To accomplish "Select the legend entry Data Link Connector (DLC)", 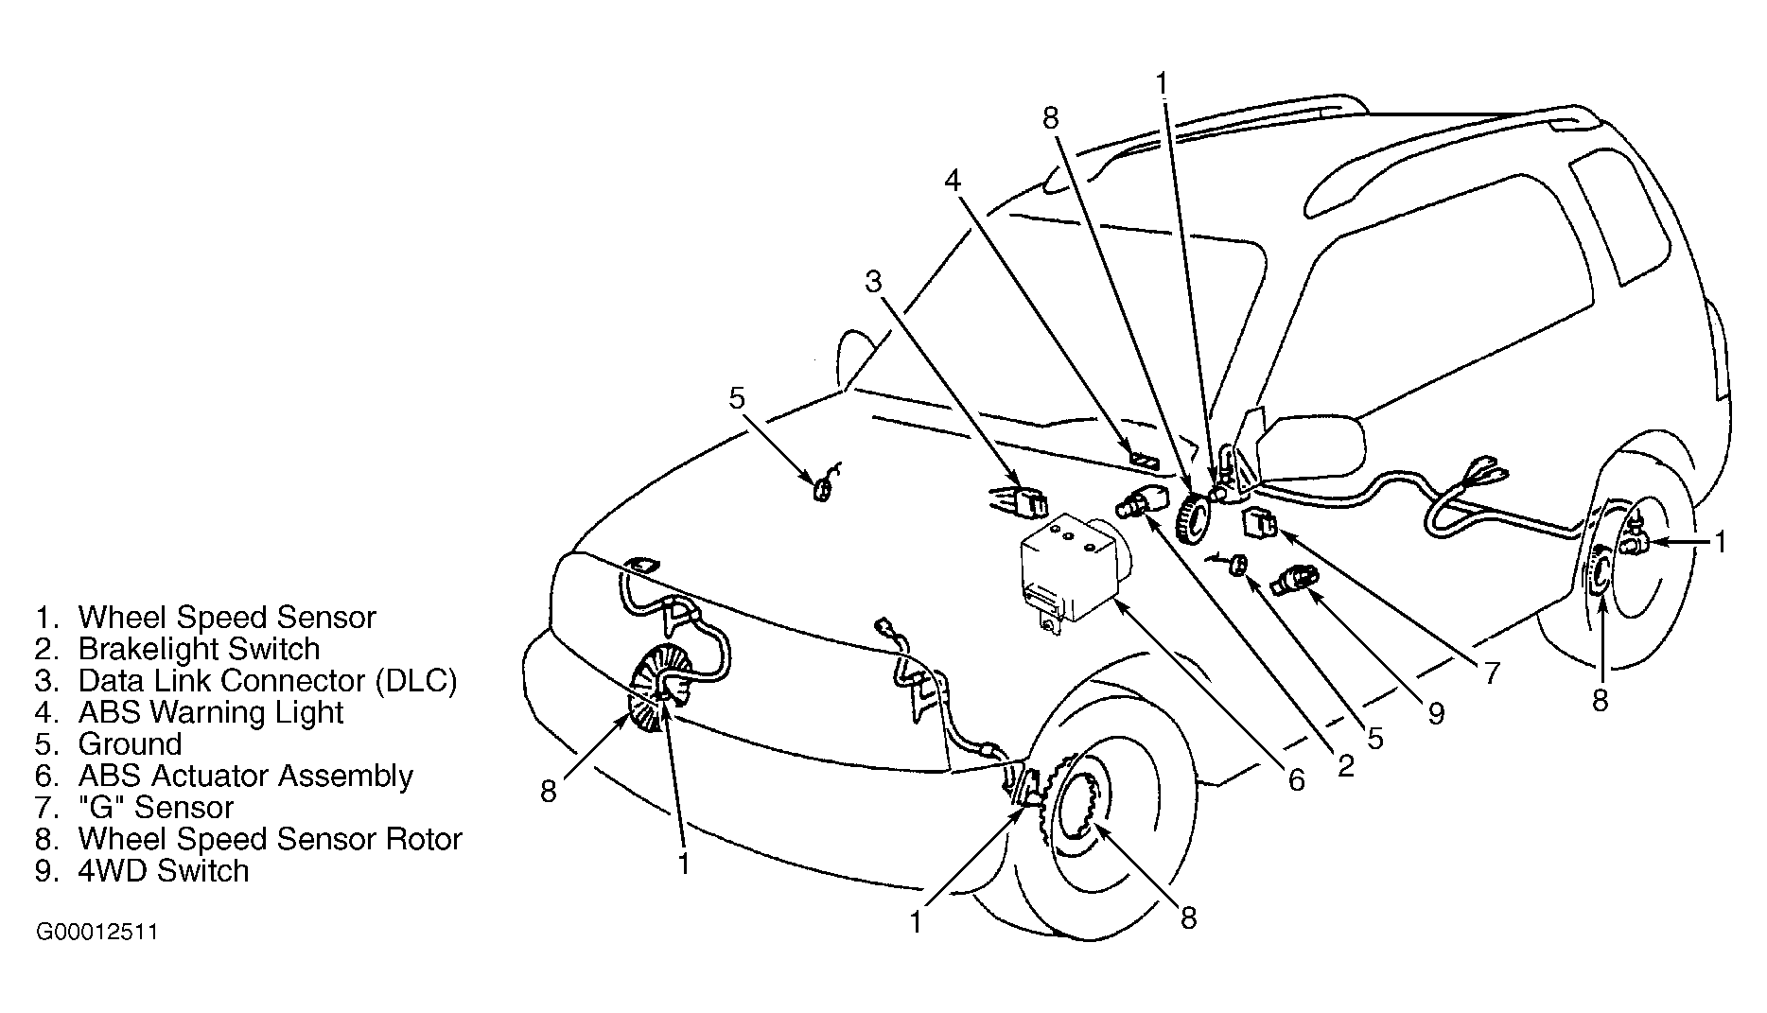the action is point(246,681).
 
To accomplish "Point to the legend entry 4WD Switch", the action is point(142,870).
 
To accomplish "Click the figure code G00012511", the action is point(96,933).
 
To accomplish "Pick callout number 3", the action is point(873,281).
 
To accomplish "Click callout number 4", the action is point(953,180).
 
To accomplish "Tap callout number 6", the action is point(1296,780).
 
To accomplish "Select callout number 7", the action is point(1491,672).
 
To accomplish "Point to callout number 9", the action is point(1436,713).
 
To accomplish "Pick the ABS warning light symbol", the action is point(1144,462).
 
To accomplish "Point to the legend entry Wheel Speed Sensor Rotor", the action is point(249,839).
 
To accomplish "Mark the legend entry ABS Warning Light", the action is point(189,712).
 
